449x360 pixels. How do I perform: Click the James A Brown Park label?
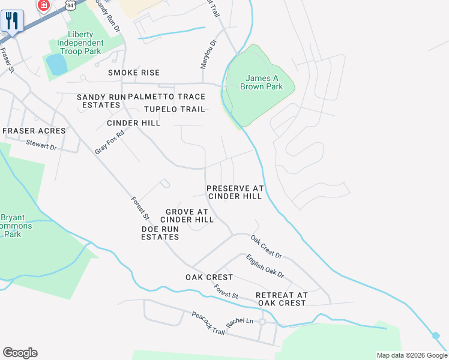tap(261, 82)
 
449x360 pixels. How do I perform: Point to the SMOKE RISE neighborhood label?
tap(134, 73)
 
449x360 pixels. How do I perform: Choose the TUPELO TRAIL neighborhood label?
tap(175, 109)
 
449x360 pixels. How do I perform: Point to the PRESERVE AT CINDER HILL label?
tap(235, 192)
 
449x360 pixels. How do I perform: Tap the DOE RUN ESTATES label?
tap(160, 233)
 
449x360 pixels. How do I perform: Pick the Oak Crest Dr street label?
tap(266, 247)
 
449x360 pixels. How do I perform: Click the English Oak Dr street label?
tap(265, 265)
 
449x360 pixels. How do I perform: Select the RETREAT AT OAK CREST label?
tap(282, 299)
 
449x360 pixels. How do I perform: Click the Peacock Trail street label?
tap(208, 323)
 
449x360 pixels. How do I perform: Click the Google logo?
tap(20, 353)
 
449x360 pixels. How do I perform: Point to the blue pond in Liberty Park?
tap(57, 64)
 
